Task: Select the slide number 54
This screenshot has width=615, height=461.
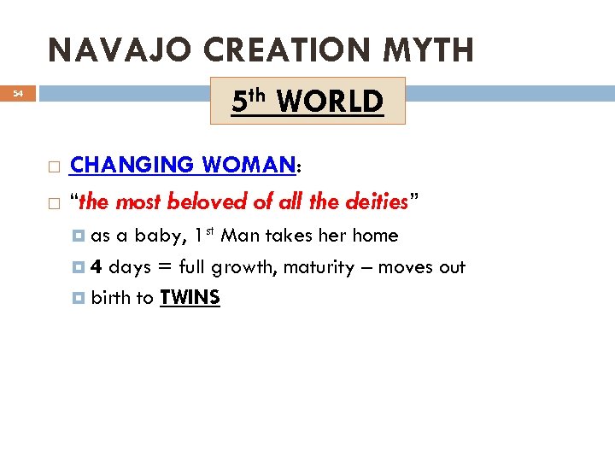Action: [x=18, y=95]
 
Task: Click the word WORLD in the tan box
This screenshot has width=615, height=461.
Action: [x=330, y=102]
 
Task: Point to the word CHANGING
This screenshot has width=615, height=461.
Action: [x=133, y=164]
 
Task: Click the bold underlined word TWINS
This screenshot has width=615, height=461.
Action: [x=190, y=298]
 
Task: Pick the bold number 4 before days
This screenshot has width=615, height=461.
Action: [x=97, y=267]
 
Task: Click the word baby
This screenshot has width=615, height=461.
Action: [x=160, y=236]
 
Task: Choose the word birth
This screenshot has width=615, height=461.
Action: [x=110, y=298]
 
